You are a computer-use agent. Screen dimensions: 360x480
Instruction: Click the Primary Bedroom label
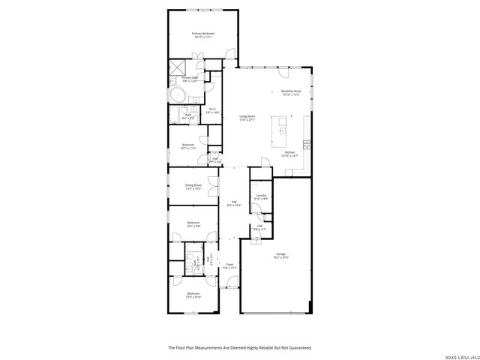(202, 33)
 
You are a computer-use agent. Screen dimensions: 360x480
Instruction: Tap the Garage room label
(280, 254)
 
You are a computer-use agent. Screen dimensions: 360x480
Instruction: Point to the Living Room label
(247, 115)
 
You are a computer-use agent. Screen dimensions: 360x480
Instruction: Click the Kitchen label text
(289, 152)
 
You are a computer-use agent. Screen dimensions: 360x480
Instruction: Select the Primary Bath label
(190, 77)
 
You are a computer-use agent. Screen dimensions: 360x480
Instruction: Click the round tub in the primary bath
(178, 96)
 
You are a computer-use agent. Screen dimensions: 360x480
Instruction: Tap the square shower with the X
(176, 67)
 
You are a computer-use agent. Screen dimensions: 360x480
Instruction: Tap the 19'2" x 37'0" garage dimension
(280, 258)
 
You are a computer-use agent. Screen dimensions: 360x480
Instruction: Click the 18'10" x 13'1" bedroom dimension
(202, 37)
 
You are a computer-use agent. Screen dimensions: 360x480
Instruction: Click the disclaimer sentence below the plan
(239, 347)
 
